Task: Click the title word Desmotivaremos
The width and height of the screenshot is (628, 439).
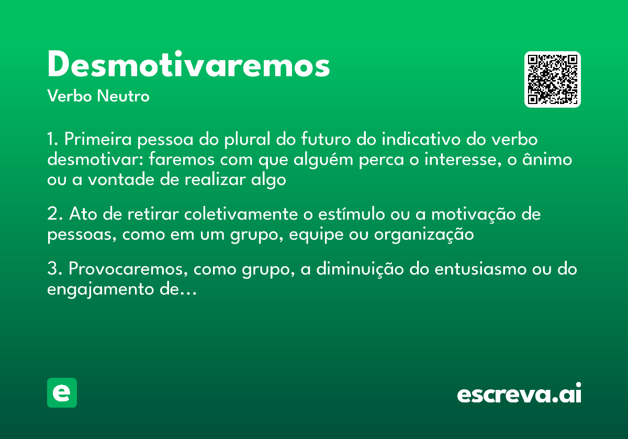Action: [188, 66]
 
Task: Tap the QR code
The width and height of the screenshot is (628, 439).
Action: [553, 79]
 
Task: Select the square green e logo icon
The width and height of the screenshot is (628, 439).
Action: [62, 393]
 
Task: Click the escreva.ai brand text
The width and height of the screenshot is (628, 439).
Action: [519, 394]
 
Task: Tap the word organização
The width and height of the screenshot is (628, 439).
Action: [423, 235]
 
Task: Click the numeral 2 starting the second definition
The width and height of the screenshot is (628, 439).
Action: [52, 215]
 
